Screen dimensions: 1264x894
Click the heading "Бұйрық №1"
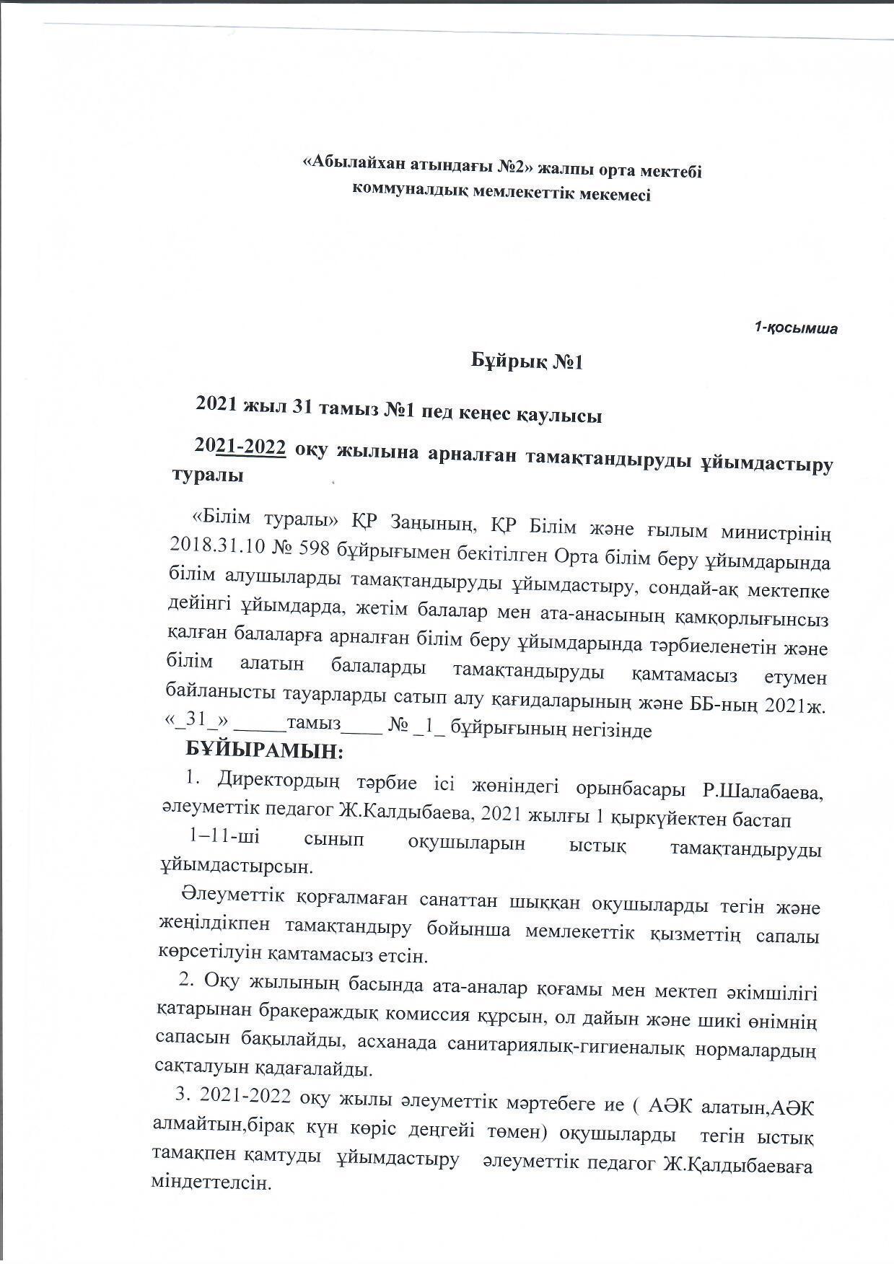tap(527, 361)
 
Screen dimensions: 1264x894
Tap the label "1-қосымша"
tap(796, 329)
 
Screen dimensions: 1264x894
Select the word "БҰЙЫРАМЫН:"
tap(264, 750)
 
